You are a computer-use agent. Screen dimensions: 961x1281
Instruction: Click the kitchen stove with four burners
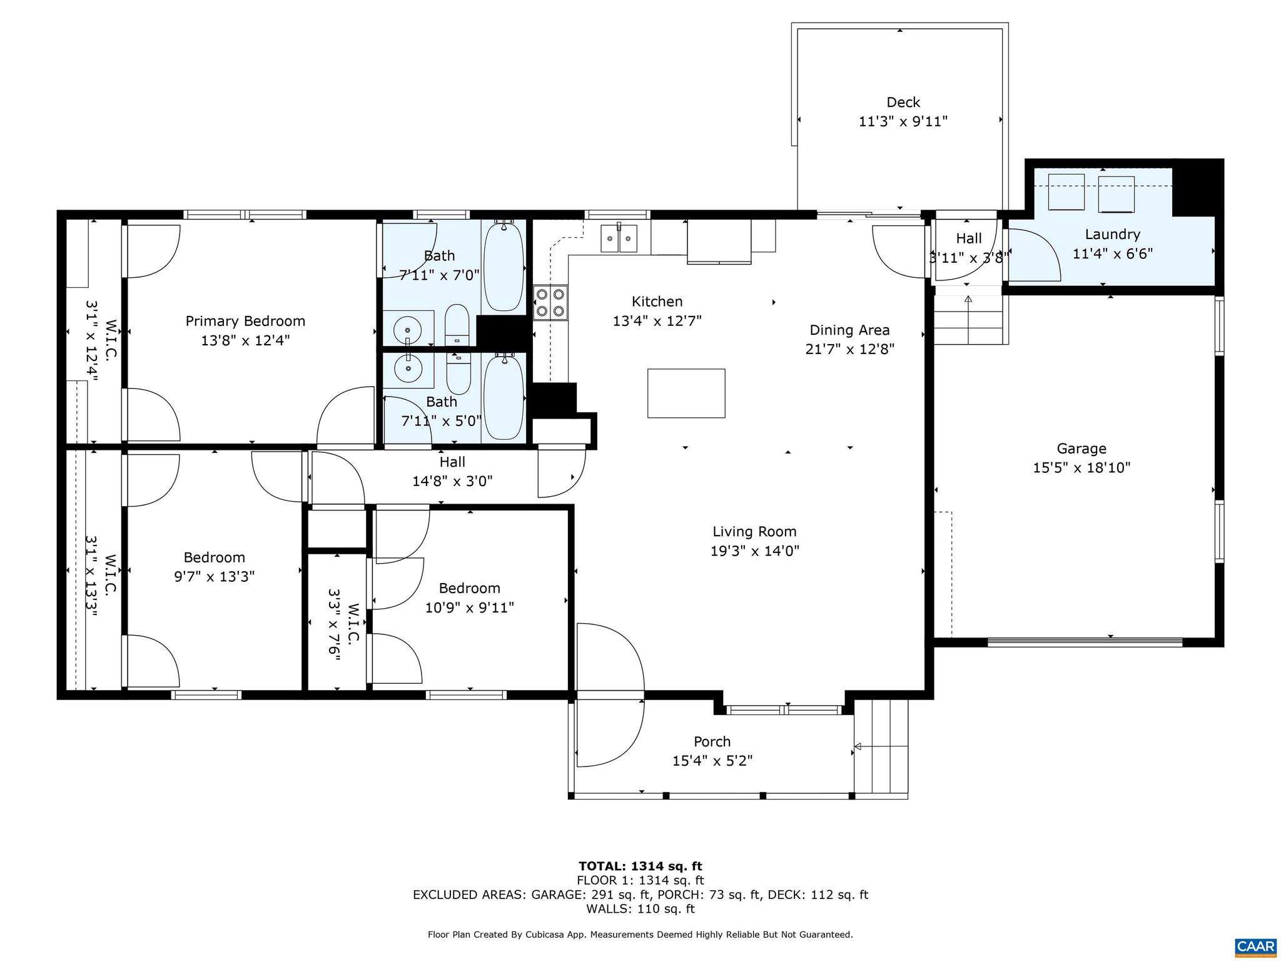tap(550, 302)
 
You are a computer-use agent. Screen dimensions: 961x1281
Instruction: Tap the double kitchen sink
tap(619, 238)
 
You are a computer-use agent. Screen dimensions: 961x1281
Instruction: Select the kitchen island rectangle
tap(686, 393)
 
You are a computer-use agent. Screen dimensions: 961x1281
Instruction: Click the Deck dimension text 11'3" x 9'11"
tap(903, 121)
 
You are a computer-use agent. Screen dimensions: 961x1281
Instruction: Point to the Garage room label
tap(1081, 449)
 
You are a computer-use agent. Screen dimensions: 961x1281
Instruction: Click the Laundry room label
tap(1112, 235)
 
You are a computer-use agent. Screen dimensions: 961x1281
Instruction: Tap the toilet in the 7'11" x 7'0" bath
tap(457, 325)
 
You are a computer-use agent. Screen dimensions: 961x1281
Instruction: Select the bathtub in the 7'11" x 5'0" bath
tap(504, 396)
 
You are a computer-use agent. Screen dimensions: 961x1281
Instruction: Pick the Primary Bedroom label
tap(245, 321)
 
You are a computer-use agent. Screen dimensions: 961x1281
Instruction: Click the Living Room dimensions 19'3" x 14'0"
tap(754, 551)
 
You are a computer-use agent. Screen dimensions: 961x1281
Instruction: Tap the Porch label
tap(712, 741)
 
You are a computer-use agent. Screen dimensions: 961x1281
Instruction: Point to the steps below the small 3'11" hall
tap(968, 319)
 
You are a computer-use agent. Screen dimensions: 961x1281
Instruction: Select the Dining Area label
tap(849, 330)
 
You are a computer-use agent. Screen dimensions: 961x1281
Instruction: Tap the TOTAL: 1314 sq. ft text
tap(640, 866)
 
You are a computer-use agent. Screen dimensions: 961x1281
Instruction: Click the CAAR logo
tap(1255, 945)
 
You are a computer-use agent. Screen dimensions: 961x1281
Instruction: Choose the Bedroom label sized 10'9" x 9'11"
tap(469, 588)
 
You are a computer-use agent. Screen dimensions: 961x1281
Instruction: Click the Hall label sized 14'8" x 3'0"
tap(452, 462)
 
